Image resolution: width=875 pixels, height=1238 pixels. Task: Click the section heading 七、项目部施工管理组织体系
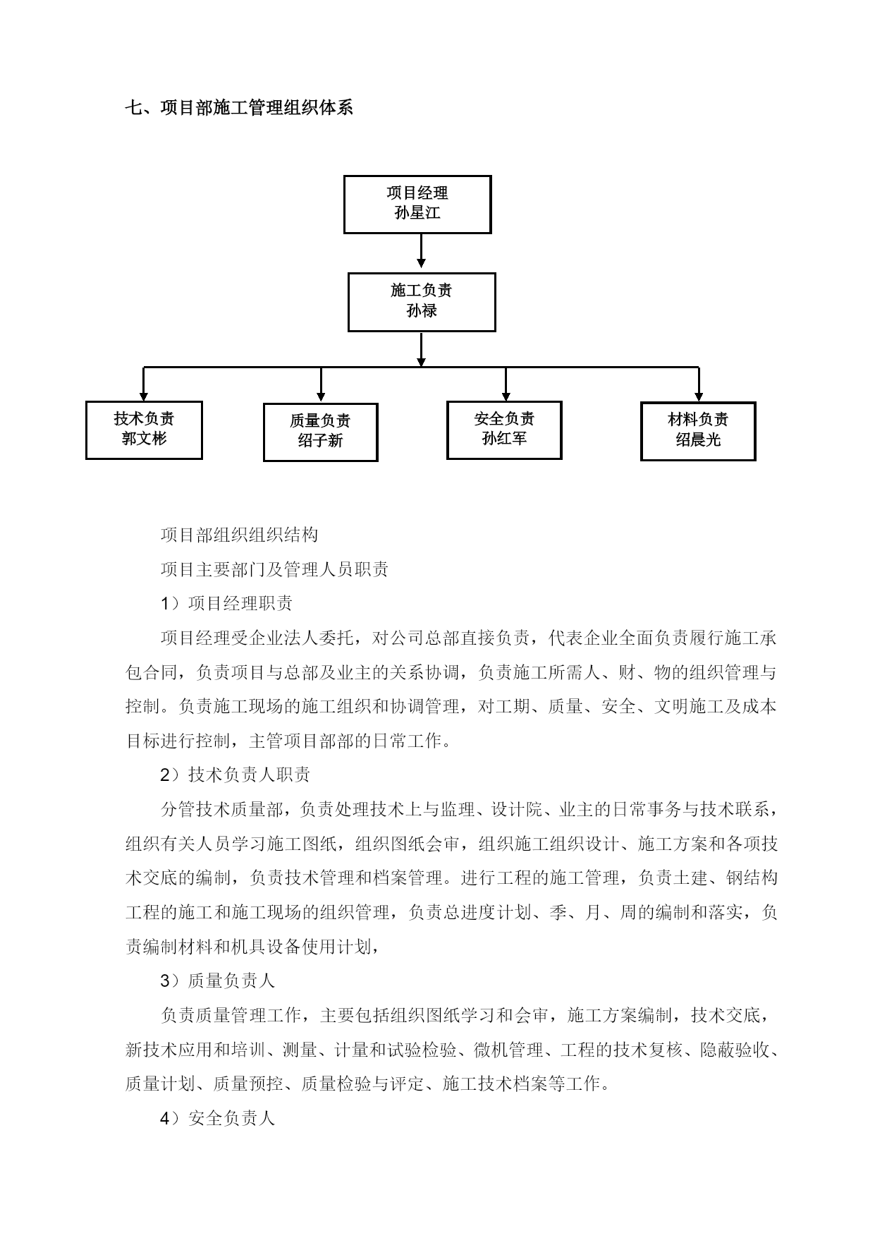(239, 107)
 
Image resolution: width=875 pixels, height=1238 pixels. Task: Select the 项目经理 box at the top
(417, 205)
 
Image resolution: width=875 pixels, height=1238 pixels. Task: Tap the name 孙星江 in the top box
(417, 213)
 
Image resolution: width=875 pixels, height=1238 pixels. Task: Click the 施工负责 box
(422, 302)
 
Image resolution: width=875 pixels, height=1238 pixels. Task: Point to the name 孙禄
(422, 310)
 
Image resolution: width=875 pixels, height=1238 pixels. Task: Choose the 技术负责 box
(144, 430)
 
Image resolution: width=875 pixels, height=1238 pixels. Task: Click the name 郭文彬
(144, 439)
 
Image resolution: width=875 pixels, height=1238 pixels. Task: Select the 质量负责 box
(321, 432)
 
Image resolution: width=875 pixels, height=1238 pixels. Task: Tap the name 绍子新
(320, 441)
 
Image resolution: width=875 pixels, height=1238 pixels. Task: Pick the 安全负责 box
(504, 430)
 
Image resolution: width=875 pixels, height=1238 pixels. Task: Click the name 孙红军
(504, 439)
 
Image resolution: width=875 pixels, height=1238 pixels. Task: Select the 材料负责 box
(698, 431)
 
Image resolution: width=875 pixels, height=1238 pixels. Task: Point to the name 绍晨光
(698, 439)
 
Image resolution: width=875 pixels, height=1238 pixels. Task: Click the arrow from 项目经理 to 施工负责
(421, 251)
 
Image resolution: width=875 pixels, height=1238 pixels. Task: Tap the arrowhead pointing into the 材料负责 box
(698, 396)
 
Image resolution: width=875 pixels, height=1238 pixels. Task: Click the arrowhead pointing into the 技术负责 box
(144, 395)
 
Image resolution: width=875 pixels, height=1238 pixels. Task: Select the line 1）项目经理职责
(226, 603)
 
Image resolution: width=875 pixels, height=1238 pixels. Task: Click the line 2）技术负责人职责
(235, 775)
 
